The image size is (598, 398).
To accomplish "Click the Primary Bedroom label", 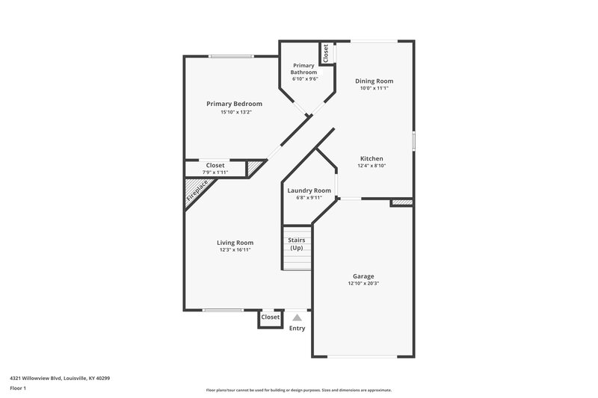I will pyautogui.click(x=235, y=103).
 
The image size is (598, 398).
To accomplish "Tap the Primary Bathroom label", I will pyautogui.click(x=303, y=69).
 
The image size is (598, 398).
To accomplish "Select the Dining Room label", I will pyautogui.click(x=374, y=81).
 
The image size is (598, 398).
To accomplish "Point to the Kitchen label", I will pyautogui.click(x=372, y=158).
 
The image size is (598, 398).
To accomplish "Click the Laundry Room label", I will pyautogui.click(x=309, y=190).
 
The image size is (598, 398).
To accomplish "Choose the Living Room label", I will pyautogui.click(x=235, y=242).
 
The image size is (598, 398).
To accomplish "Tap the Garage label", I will pyautogui.click(x=363, y=276).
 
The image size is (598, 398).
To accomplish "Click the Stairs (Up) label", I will pyautogui.click(x=296, y=243).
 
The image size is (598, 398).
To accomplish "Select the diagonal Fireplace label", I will pyautogui.click(x=197, y=193).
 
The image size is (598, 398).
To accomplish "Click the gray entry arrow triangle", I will pyautogui.click(x=297, y=317).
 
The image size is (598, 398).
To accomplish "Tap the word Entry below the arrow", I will pyautogui.click(x=297, y=328).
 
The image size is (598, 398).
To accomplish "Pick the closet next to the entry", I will pyautogui.click(x=270, y=317).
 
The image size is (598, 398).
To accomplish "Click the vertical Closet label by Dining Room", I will pyautogui.click(x=326, y=53).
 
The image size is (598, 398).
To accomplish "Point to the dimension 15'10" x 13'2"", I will pyautogui.click(x=235, y=112).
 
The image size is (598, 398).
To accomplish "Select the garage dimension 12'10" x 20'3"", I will pyautogui.click(x=363, y=284).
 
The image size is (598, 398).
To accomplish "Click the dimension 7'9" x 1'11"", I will pyautogui.click(x=215, y=172).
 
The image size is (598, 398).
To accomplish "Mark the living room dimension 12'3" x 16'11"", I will pyautogui.click(x=235, y=250).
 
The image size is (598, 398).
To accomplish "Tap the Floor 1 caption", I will pyautogui.click(x=17, y=389).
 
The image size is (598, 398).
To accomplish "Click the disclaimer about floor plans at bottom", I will pyautogui.click(x=298, y=390).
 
